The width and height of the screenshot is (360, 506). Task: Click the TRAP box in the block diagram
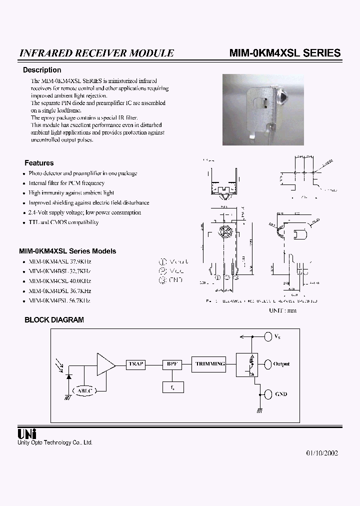point(135,364)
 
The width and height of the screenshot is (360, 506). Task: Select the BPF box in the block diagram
point(171,364)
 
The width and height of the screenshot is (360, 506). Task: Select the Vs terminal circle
point(267,336)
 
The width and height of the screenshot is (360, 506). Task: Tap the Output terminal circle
point(267,364)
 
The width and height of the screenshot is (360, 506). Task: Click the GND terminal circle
point(267,394)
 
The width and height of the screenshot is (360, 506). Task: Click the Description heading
point(42,70)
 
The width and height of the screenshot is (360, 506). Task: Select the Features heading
point(39,163)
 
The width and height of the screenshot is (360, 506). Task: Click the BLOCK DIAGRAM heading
point(54,319)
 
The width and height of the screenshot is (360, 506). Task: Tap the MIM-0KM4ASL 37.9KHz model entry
point(60,261)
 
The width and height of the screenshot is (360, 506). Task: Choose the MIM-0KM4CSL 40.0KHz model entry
point(60,281)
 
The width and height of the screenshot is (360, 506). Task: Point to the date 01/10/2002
point(322,453)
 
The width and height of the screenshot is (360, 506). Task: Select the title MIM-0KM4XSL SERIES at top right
point(284,53)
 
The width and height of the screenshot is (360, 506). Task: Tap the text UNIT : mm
point(283,310)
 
